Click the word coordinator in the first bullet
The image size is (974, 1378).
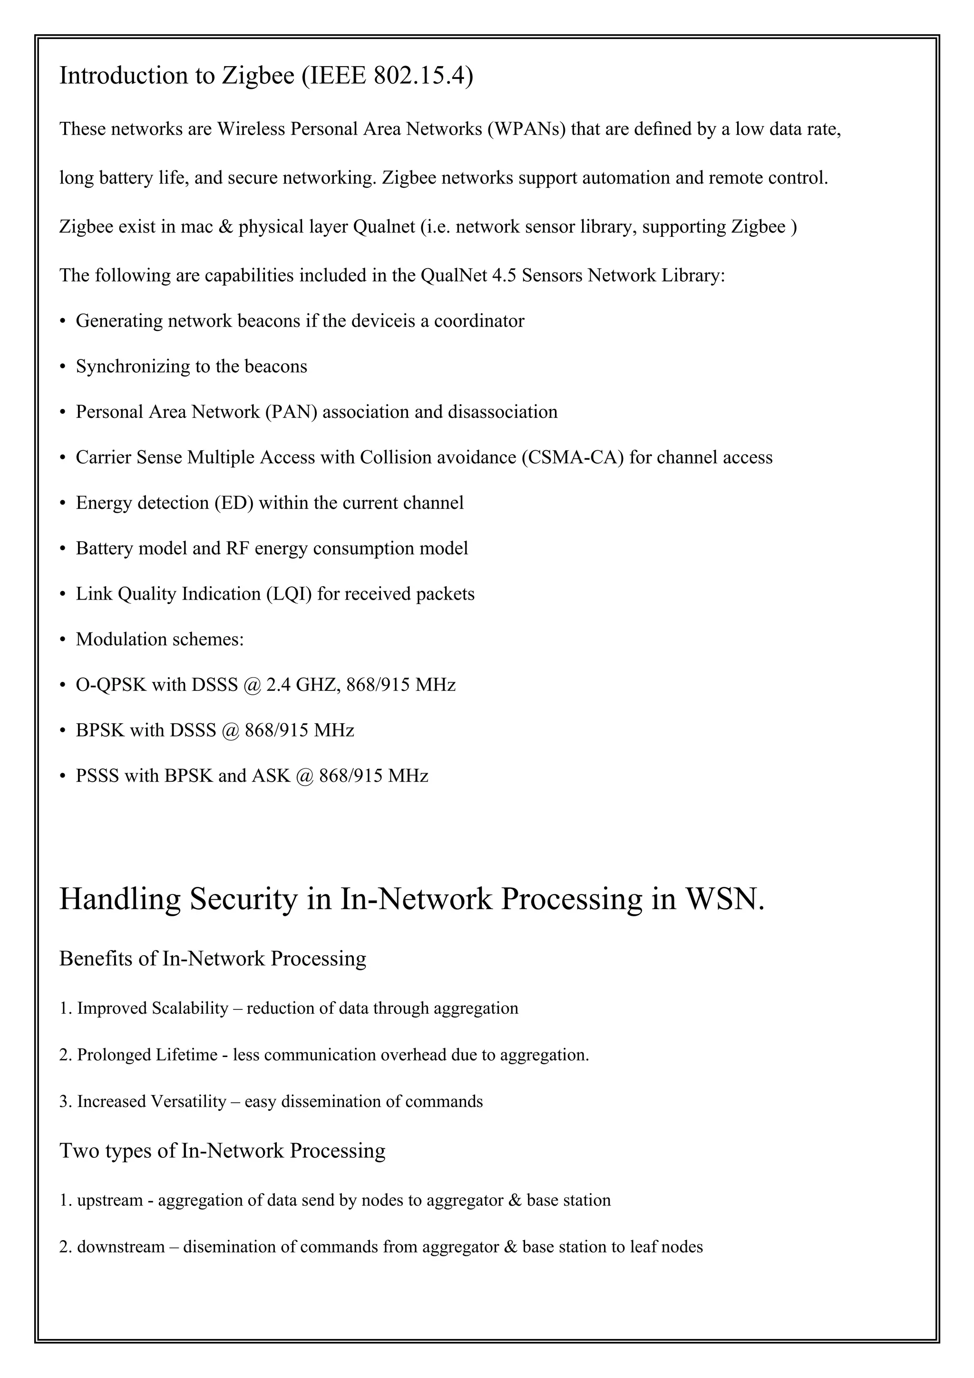pos(479,321)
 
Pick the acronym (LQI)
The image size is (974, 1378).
pos(289,594)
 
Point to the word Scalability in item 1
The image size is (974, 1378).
pos(190,1008)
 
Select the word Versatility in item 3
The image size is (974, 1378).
pos(188,1102)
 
